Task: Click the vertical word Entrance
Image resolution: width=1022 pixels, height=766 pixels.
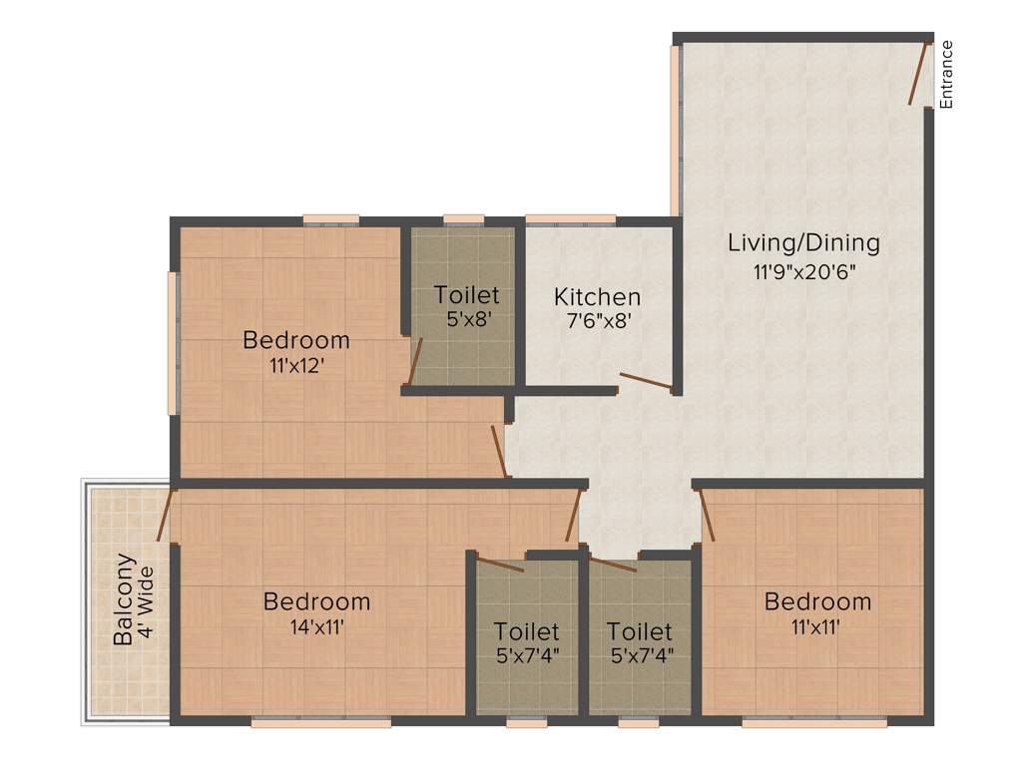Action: tap(947, 74)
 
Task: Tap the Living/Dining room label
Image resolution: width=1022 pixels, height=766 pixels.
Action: tap(803, 242)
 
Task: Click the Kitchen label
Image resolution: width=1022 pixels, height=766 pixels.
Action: tap(598, 296)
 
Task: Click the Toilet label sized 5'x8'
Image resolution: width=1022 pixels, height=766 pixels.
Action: tap(466, 295)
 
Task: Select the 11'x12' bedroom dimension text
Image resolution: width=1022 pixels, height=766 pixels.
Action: tap(296, 365)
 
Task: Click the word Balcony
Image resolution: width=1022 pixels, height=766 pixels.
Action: tap(124, 599)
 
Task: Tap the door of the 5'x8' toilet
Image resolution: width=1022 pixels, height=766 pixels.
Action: tap(416, 361)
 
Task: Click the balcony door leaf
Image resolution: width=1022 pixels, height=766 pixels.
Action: tap(164, 515)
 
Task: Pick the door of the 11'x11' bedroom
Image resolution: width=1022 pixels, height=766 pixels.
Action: tap(707, 515)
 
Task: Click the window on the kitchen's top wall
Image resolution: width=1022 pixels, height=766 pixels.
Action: tap(570, 218)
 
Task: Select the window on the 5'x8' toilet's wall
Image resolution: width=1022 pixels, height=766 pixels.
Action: tap(463, 218)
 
